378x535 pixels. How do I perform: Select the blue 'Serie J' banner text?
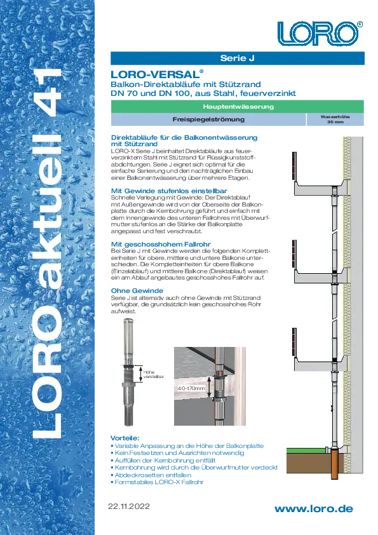[238, 58]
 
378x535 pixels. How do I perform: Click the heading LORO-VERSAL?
[156, 74]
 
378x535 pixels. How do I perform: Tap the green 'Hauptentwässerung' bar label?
[238, 107]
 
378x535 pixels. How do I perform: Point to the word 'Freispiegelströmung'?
[208, 119]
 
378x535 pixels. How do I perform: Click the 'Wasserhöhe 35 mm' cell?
[335, 119]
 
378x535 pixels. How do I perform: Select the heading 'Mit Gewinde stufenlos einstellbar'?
[169, 191]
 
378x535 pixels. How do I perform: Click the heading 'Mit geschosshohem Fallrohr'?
[161, 244]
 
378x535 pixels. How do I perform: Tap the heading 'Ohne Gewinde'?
[137, 291]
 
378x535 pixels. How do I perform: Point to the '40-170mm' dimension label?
[191, 388]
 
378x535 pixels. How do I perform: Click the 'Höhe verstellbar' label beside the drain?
[154, 374]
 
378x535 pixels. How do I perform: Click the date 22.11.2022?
[129, 506]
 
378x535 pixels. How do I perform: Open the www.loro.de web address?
[314, 509]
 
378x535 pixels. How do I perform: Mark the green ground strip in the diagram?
[309, 450]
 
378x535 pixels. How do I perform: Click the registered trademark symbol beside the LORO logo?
[360, 24]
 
